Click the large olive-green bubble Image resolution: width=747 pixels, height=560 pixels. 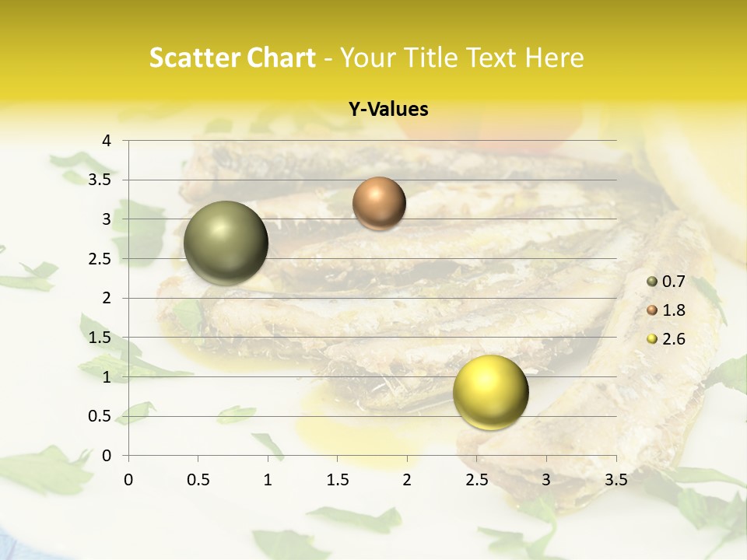(x=226, y=243)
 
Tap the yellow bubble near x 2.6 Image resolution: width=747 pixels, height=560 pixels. (x=490, y=392)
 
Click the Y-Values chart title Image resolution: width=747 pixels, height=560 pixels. (x=388, y=110)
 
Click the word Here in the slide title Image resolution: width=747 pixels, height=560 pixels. (x=555, y=58)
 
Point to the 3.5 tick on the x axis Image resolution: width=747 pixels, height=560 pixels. (x=616, y=480)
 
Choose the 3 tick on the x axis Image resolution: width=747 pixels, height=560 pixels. (x=546, y=480)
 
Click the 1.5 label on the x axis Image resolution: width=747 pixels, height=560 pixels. (x=338, y=480)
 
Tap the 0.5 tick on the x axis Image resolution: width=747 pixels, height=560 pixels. (x=198, y=480)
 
